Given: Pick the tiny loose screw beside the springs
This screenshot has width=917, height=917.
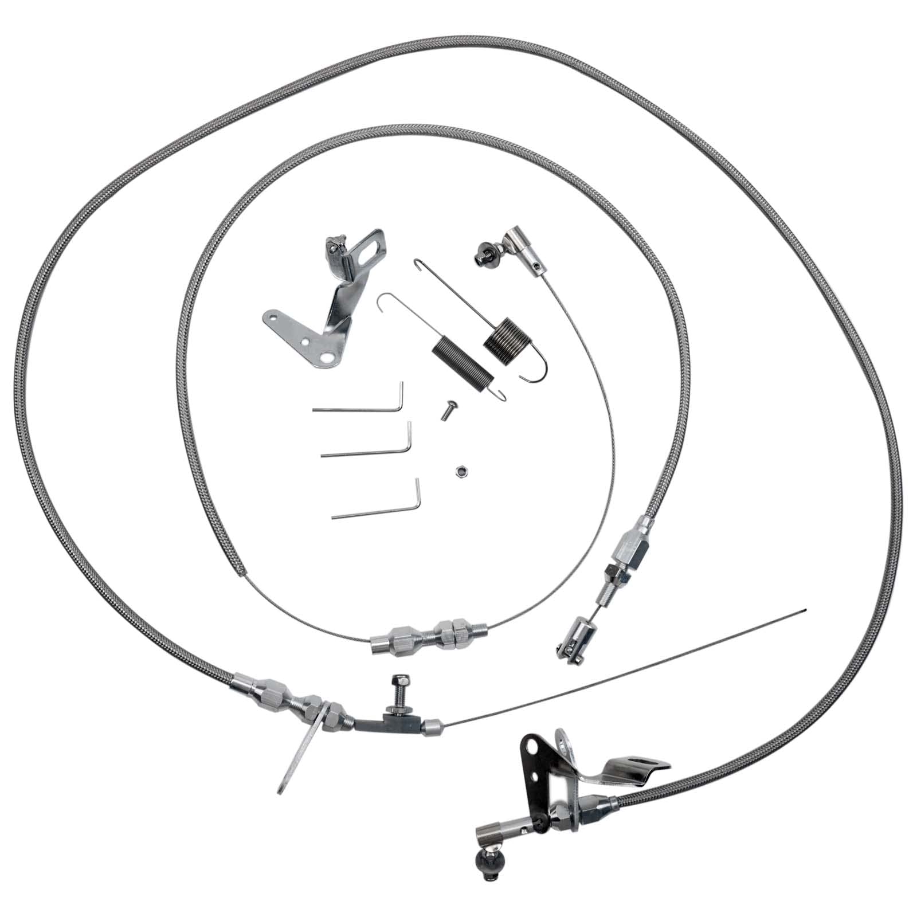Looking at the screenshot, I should click(x=445, y=409).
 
